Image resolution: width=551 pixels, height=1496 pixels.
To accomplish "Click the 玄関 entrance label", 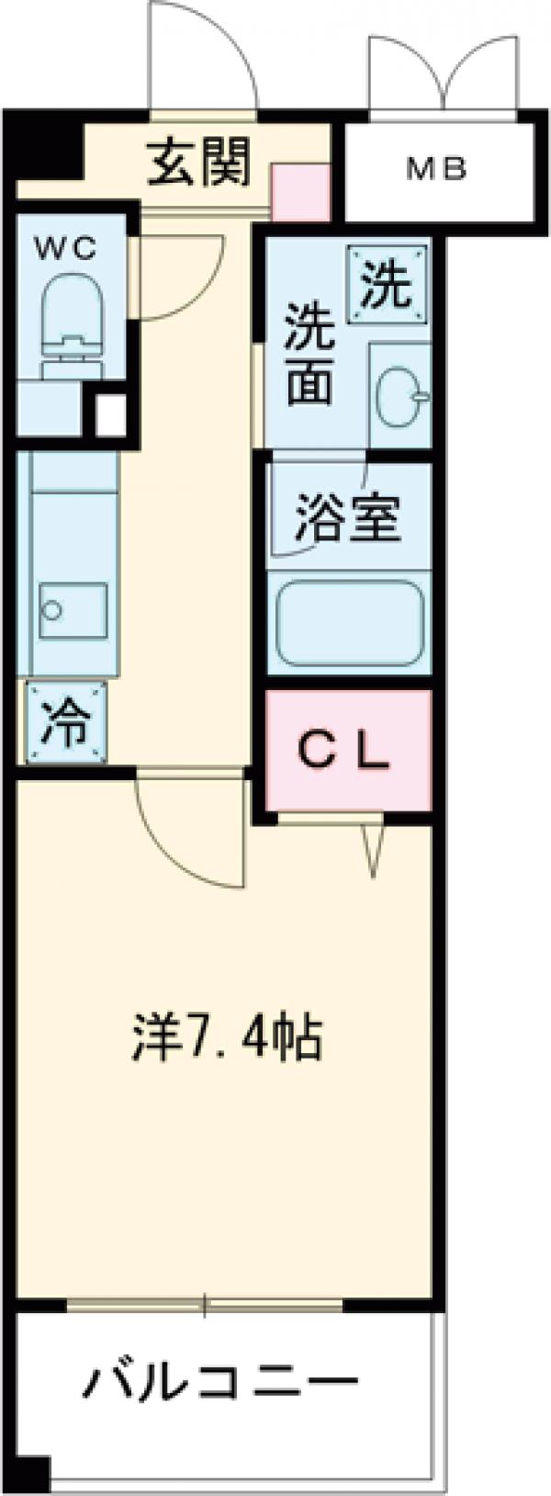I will point(198,164).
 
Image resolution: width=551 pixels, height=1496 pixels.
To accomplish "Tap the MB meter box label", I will point(437,170).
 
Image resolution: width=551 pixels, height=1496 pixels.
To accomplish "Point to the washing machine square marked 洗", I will point(386,285).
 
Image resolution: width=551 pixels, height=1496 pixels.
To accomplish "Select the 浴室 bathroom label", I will point(346,520).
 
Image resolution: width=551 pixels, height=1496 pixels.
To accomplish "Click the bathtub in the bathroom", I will point(350,623).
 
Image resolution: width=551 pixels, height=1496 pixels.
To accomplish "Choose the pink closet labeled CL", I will point(347,751).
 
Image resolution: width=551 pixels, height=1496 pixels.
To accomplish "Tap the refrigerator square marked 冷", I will point(66,722).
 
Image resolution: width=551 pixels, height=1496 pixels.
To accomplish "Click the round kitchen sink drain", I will point(51,608).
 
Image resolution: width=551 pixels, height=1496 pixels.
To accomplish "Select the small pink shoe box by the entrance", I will point(300,192).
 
